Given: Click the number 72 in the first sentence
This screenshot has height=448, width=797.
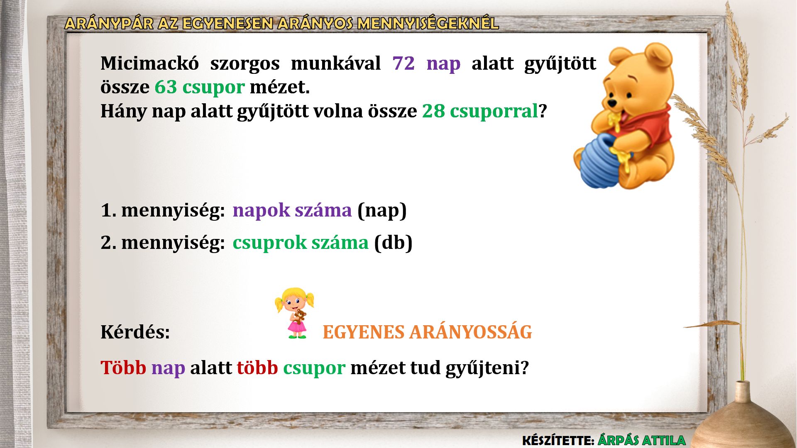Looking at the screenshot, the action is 403,63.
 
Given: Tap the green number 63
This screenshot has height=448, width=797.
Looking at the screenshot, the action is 166,87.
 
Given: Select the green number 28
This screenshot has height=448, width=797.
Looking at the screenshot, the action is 433,111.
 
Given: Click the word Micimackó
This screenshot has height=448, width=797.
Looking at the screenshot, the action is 149,63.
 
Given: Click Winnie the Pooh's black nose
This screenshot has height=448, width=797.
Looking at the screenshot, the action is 612,102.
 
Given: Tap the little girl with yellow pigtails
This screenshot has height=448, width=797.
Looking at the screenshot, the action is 295,313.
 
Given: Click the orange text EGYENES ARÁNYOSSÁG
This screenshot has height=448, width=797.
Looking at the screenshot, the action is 427,332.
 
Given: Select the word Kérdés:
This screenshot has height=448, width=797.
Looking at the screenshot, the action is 135,332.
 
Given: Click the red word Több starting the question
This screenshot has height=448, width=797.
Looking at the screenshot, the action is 123,368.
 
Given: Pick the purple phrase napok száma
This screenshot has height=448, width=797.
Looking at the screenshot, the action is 292,210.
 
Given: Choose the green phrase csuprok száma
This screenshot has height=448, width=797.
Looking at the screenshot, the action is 301,243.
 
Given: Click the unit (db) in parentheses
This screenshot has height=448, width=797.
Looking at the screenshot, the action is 393,243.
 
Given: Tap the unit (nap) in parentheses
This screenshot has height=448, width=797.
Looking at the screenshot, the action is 382,210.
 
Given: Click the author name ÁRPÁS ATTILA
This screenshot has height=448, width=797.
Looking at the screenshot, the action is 642,440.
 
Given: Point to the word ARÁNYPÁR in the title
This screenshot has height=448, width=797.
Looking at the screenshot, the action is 109,23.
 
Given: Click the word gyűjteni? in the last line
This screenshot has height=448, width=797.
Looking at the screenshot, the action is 487,368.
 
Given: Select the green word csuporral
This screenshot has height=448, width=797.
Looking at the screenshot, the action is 494,111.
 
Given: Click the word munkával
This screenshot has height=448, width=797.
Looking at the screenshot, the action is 336,63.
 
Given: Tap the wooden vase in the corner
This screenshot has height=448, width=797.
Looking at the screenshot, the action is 743,419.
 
